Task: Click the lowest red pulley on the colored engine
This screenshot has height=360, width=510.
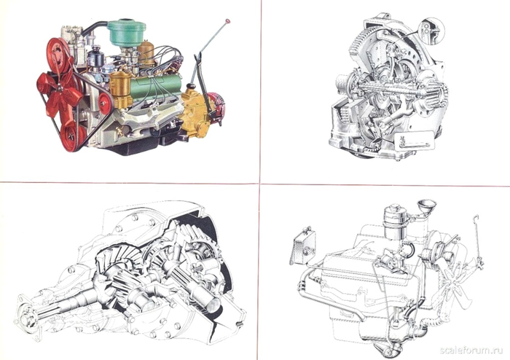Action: (73, 136)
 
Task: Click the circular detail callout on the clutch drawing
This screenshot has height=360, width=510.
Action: (432, 31)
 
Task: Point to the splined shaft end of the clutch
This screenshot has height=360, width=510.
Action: (436, 95)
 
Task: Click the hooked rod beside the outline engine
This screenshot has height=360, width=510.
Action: (478, 241)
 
